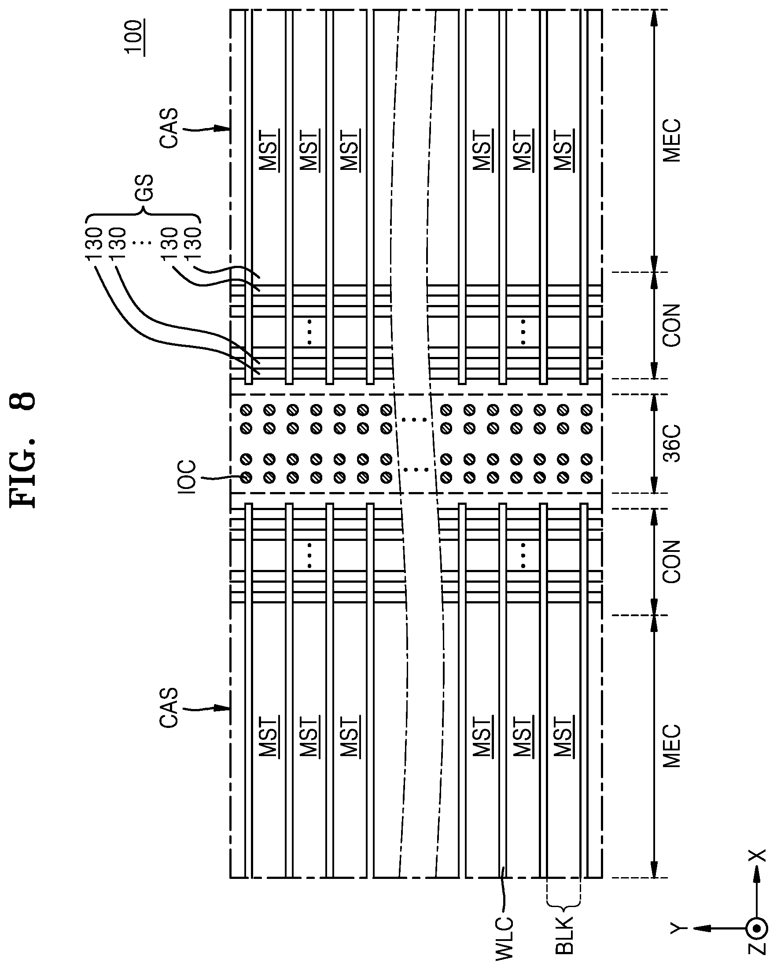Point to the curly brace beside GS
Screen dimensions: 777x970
point(142,219)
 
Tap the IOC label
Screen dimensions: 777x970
point(187,477)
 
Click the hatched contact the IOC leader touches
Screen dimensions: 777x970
point(246,478)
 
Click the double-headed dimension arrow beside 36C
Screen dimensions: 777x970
point(654,444)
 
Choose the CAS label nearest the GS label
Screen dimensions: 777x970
point(169,128)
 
